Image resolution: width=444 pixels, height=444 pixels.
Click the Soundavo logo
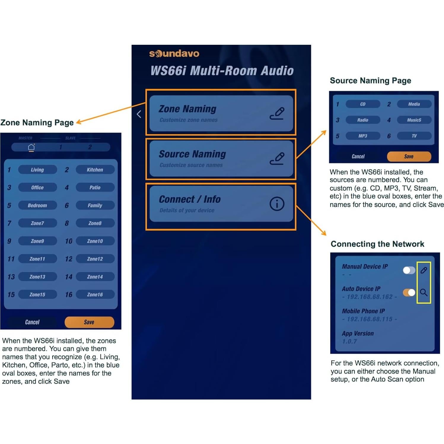(174, 53)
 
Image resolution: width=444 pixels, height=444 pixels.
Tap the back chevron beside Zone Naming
(139, 114)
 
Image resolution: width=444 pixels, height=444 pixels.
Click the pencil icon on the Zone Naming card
(277, 113)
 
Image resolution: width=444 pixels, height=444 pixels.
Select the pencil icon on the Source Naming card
(277, 158)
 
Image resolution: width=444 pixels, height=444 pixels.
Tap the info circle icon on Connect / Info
(277, 204)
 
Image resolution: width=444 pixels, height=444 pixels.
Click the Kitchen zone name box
(95, 170)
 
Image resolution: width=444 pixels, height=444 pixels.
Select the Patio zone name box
(95, 187)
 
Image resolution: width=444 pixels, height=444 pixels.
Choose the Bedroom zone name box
(37, 205)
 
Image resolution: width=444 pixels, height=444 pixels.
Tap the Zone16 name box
(95, 295)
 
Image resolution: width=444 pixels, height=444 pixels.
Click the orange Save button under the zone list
(89, 322)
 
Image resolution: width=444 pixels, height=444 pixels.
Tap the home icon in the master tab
(31, 147)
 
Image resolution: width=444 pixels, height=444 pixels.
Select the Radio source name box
(363, 120)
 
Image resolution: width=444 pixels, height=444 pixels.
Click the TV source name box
(414, 136)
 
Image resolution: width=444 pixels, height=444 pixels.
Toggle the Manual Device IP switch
(409, 270)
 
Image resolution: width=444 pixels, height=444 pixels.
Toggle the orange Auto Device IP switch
(409, 293)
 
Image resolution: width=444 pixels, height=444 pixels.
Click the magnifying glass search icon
(424, 293)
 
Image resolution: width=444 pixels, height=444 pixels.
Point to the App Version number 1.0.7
(349, 341)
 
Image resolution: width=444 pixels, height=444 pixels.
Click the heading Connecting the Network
(377, 244)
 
